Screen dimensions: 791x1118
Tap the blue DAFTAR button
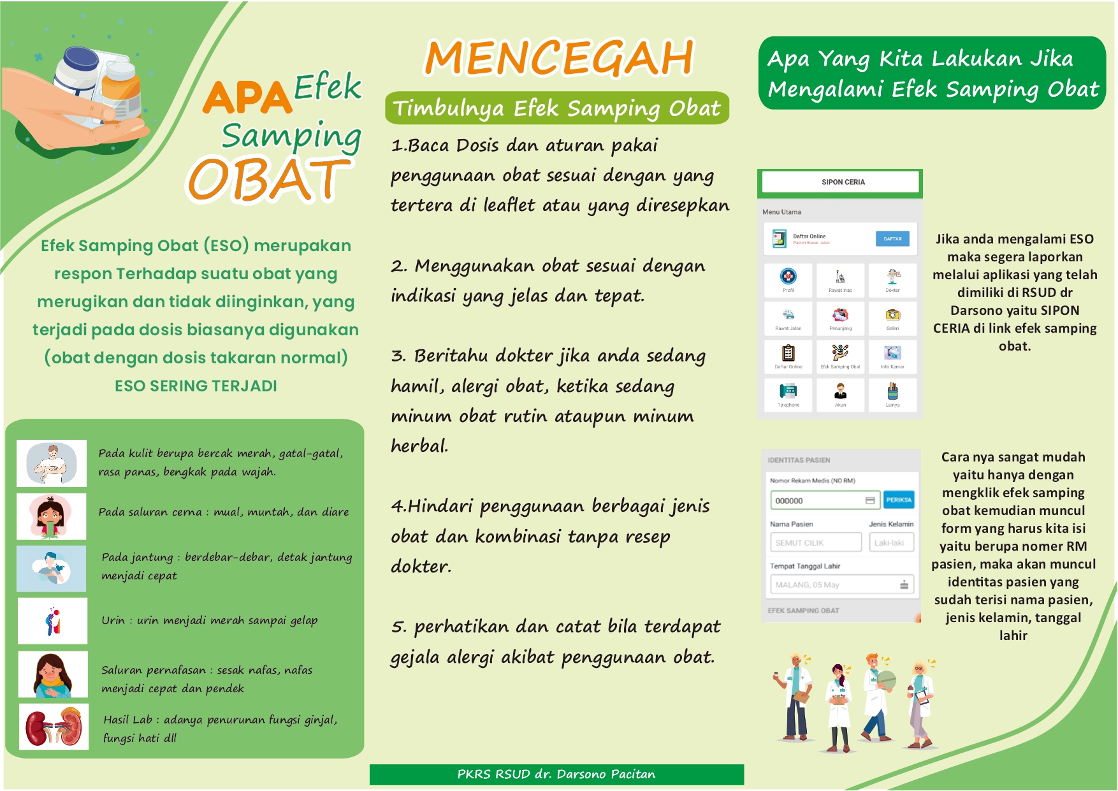pos(892,239)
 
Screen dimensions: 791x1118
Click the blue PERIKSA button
pos(899,500)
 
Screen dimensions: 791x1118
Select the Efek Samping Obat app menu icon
pos(840,353)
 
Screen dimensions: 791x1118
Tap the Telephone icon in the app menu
pos(788,391)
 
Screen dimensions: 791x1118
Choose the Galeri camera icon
pos(892,315)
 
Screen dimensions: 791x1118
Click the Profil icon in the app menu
pos(788,277)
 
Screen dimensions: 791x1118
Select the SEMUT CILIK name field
pos(816,542)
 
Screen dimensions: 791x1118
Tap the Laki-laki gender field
pos(891,542)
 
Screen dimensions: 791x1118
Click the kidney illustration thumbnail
pos(54,727)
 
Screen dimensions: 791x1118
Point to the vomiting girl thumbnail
pos(52,516)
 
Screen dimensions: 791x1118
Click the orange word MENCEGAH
pos(559,58)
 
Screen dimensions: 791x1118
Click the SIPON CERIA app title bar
pos(842,182)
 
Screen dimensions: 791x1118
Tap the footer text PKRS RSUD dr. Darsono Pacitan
pos(556,774)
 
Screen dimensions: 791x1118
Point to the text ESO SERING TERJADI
pos(196,386)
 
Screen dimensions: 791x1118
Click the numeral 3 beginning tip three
pos(398,356)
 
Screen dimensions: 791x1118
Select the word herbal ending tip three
pos(419,446)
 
